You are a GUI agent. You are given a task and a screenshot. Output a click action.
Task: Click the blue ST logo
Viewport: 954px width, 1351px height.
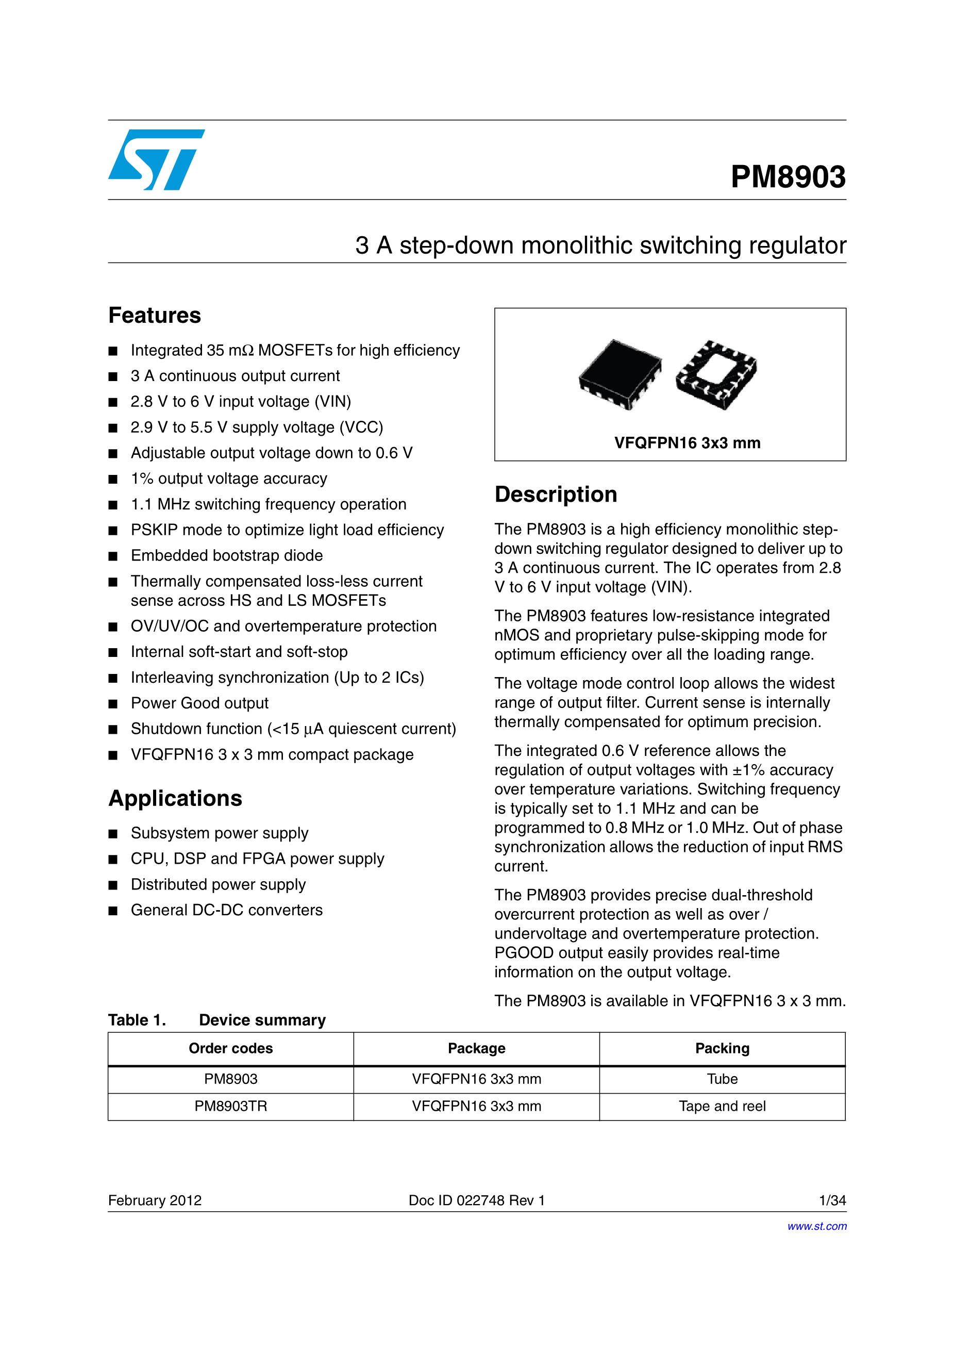tap(156, 159)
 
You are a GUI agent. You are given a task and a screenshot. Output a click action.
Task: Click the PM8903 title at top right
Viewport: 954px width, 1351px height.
tap(788, 176)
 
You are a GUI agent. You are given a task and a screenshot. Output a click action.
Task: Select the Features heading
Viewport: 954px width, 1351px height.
tap(155, 316)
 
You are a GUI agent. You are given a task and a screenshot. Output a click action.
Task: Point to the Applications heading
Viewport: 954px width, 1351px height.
tap(175, 798)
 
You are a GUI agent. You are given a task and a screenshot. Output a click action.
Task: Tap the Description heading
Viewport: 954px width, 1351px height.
tap(556, 495)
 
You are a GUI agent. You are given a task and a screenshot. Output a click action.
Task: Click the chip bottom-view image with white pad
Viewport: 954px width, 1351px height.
tap(716, 374)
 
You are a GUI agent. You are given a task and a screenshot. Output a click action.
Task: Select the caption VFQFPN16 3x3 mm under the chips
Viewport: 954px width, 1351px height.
tap(687, 442)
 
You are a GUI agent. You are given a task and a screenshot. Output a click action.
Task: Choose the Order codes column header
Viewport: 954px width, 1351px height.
tap(230, 1048)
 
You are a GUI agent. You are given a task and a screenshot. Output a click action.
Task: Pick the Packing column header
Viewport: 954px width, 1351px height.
tap(722, 1048)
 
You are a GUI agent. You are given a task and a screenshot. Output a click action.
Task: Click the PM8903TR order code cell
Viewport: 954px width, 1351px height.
tap(230, 1106)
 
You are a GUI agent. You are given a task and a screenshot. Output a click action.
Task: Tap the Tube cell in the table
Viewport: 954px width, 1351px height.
tap(722, 1079)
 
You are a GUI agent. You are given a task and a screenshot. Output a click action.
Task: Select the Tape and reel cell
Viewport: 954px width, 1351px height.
tap(722, 1106)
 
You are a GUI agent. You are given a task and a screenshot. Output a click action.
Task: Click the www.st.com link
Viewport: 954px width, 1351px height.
tap(817, 1226)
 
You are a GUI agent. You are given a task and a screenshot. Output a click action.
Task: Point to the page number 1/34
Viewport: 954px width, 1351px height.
tap(832, 1200)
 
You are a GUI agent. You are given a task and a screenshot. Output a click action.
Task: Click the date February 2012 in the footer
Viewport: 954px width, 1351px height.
tap(155, 1200)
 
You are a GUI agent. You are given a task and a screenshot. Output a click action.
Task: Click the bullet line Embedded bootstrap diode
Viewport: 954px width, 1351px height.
tap(226, 555)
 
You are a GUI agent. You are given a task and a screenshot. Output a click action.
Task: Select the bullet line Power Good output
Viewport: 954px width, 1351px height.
tap(199, 703)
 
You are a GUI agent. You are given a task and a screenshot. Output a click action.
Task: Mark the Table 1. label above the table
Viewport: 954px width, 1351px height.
tap(137, 1020)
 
